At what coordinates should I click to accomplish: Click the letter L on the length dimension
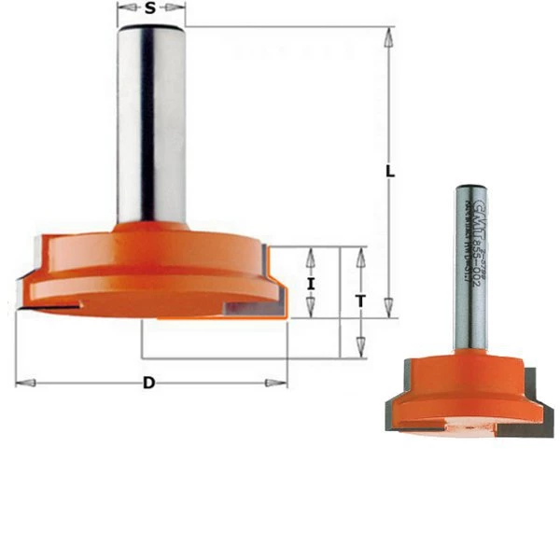coord(390,173)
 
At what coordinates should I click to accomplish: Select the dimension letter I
coord(312,282)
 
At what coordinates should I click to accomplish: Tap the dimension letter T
coord(360,301)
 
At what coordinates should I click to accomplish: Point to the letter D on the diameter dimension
coord(148,383)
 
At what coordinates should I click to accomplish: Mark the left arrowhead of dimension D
coord(25,383)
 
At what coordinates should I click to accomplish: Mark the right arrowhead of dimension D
coord(277,383)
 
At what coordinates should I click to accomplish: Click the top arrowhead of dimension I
coord(312,255)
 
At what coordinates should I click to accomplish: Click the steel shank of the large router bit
coord(150,121)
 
